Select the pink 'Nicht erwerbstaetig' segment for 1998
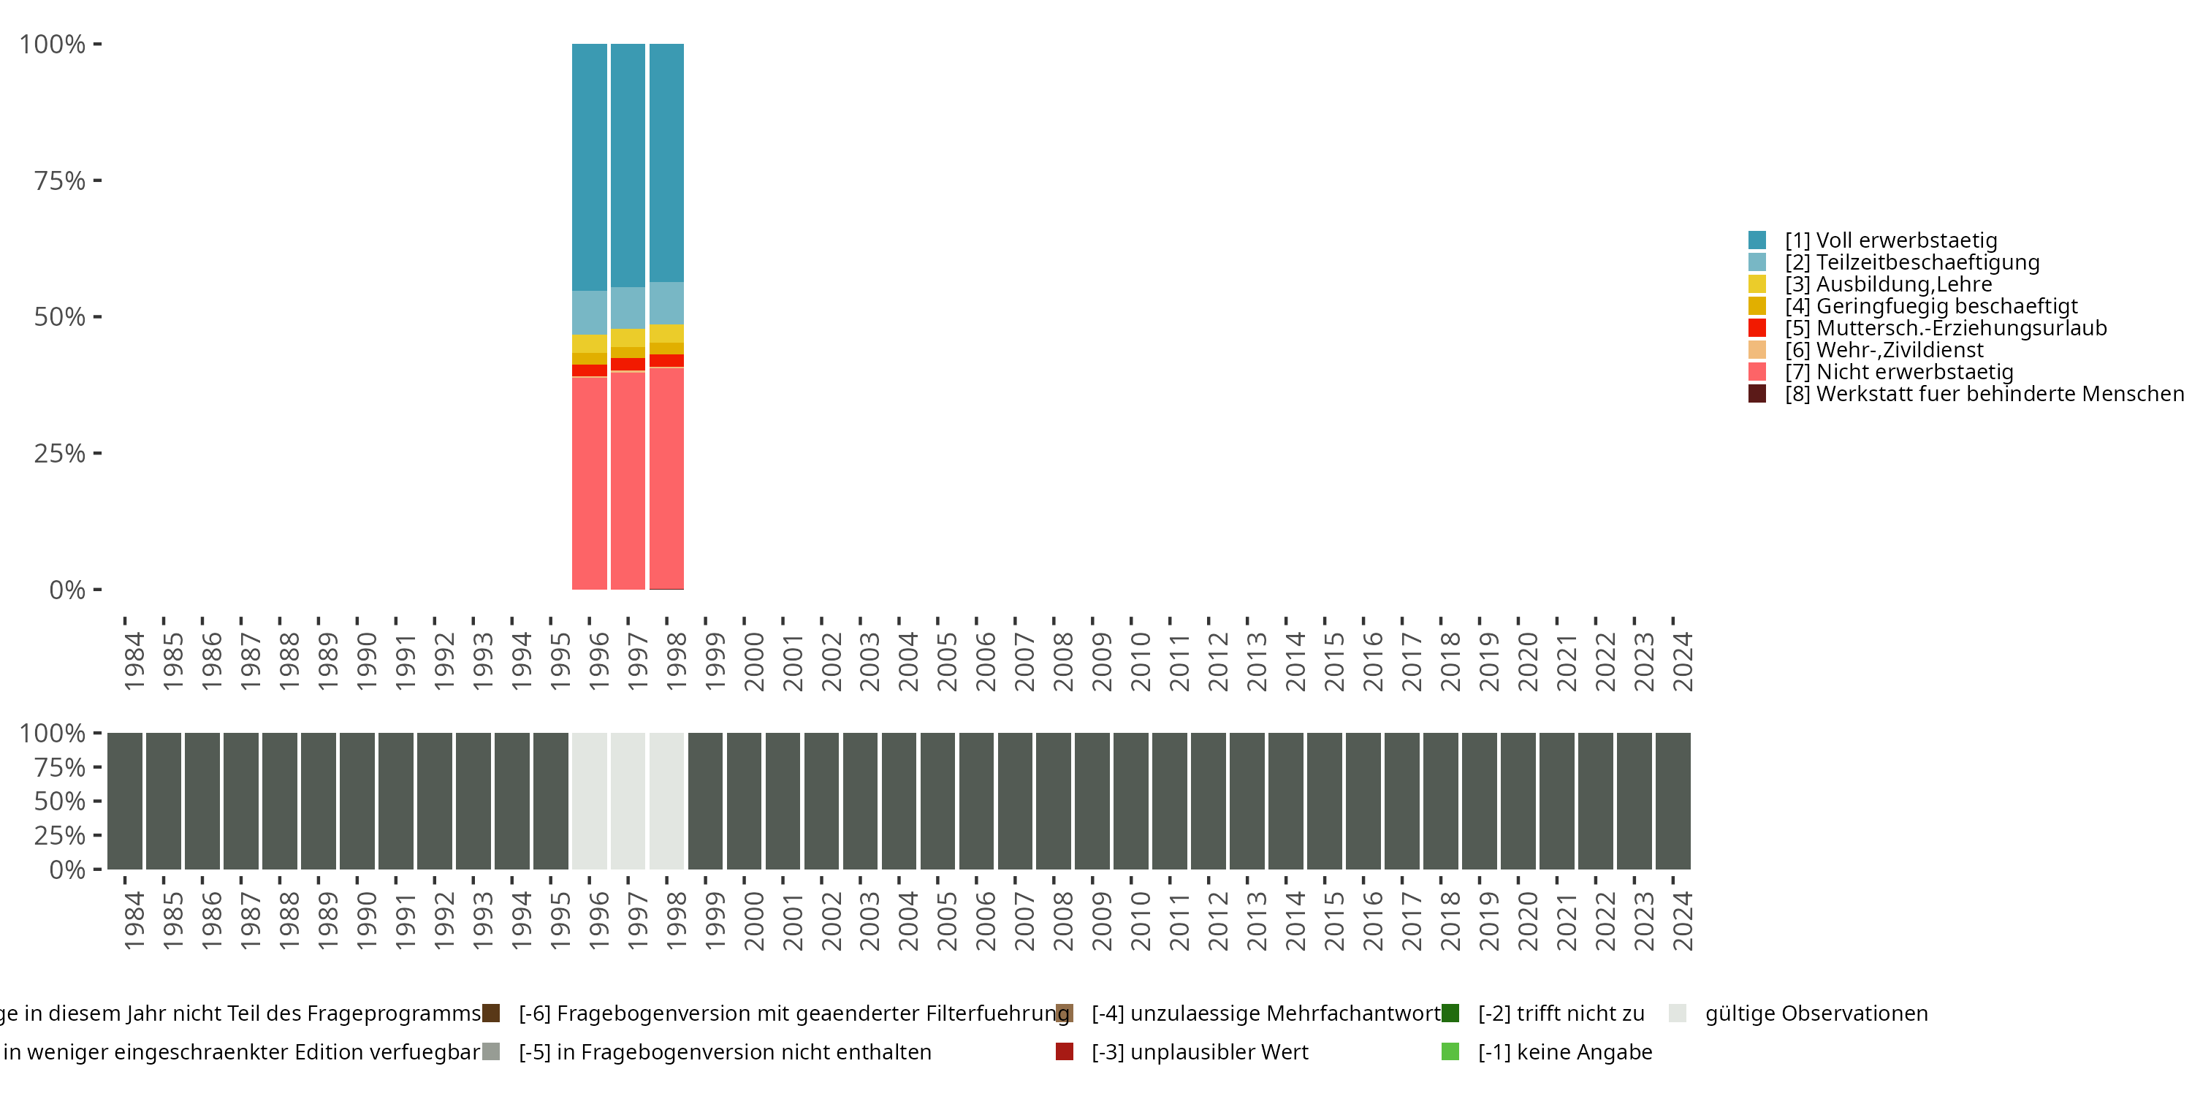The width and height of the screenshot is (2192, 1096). tap(666, 477)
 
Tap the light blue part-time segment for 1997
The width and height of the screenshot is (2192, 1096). tap(628, 308)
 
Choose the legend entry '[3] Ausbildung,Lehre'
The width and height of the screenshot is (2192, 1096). tap(1888, 284)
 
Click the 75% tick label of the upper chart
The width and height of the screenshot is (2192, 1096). tap(60, 181)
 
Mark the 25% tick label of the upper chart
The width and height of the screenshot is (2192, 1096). tap(60, 454)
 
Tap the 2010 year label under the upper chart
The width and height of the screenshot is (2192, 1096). tap(1141, 661)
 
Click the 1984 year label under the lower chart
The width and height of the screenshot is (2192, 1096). tap(134, 921)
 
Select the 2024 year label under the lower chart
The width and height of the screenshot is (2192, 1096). tap(1682, 921)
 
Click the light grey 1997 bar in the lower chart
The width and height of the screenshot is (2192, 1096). tap(628, 801)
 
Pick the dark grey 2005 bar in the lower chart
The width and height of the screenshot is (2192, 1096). tap(937, 801)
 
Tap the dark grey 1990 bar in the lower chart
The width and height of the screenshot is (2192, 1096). tap(357, 801)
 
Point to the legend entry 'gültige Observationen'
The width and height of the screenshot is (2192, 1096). tap(1816, 1013)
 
